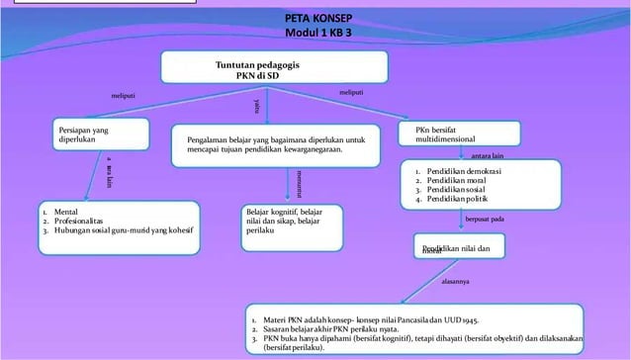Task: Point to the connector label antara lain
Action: tap(489, 155)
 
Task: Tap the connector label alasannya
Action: tap(455, 285)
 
